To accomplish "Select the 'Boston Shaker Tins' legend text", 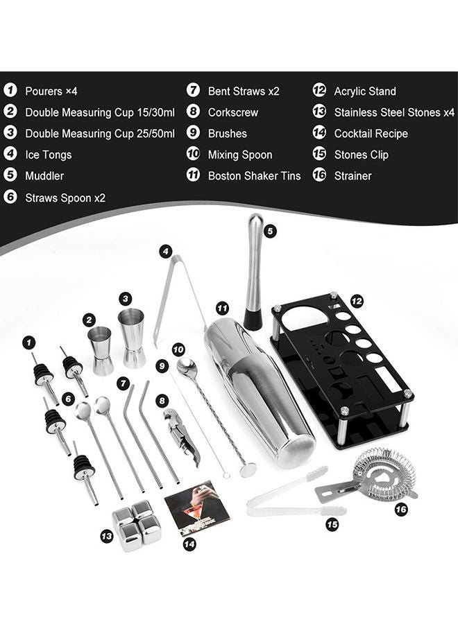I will (x=254, y=176).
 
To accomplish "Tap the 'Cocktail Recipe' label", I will (x=371, y=134).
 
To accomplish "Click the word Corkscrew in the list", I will (x=232, y=112).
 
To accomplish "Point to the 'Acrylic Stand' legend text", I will (x=365, y=91).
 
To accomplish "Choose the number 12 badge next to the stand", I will (x=357, y=302).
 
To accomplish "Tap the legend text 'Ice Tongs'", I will (x=48, y=155).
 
